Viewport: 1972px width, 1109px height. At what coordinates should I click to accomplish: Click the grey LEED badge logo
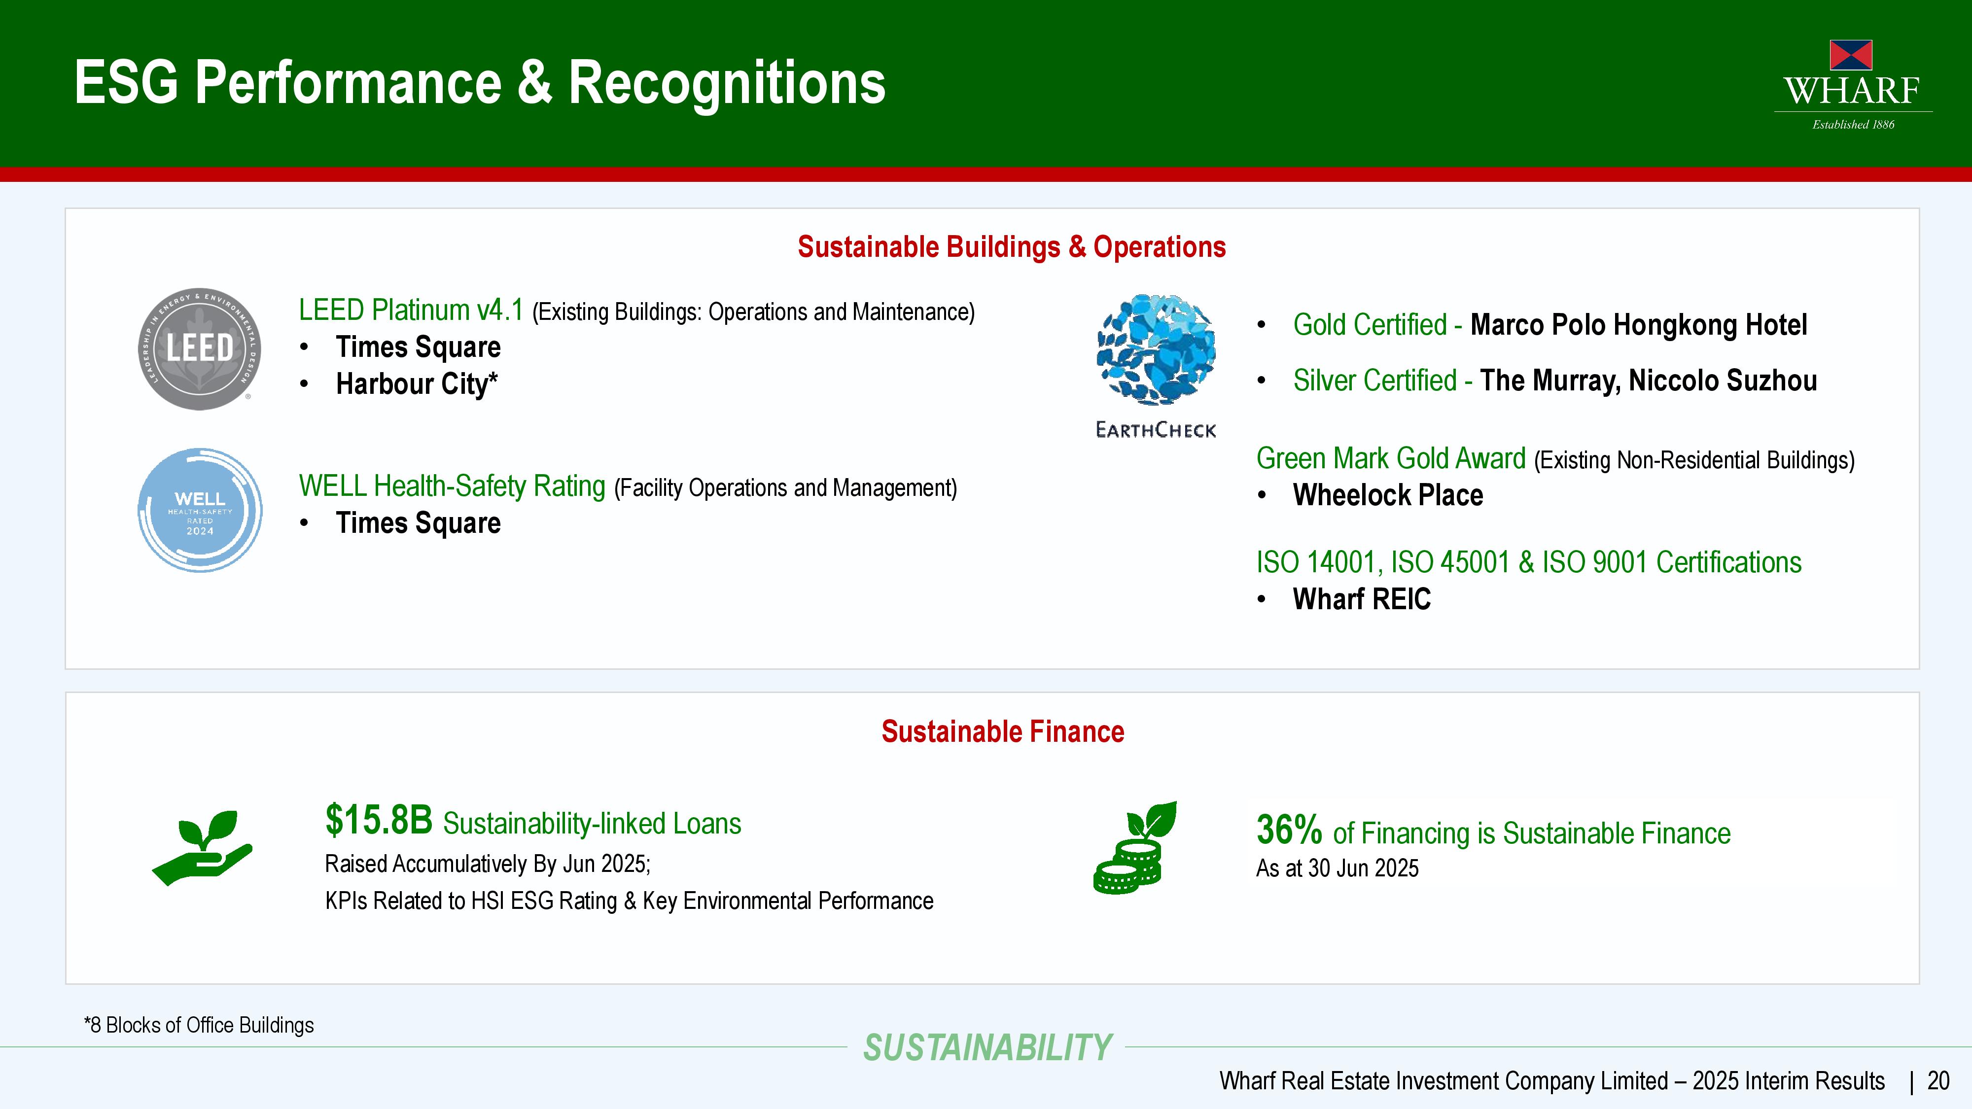click(x=200, y=349)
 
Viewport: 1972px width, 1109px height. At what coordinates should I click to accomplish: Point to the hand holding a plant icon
click(x=202, y=848)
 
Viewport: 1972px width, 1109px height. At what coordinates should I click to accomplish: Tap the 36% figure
click(x=1289, y=830)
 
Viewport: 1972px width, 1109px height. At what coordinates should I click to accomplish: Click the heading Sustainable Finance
click(x=1003, y=731)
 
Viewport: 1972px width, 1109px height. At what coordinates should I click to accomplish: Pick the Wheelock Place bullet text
click(x=1388, y=495)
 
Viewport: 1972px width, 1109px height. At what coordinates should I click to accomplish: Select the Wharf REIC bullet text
click(x=1362, y=599)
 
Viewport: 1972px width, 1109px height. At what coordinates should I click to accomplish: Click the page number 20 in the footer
click(x=1938, y=1081)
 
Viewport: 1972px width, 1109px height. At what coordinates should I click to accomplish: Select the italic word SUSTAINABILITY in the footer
click(x=987, y=1048)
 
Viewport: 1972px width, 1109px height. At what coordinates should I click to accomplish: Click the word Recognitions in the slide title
click(x=727, y=83)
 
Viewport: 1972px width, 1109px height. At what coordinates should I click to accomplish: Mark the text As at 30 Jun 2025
click(x=1338, y=868)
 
